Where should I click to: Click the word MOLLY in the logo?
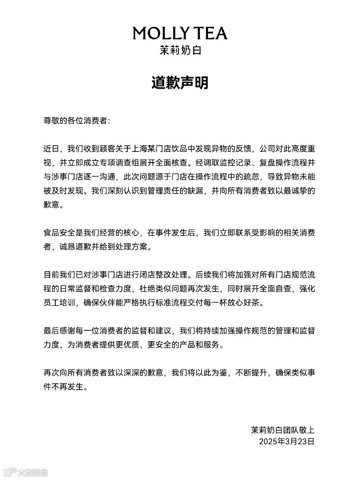158,33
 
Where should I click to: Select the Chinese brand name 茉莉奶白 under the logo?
179,51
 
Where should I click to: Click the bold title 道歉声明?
179,83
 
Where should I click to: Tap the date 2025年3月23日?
287,442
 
